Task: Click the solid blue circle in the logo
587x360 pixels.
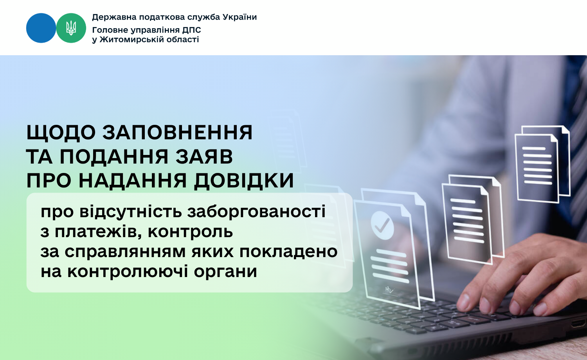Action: pyautogui.click(x=41, y=28)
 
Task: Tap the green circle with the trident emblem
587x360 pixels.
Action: pyautogui.click(x=71, y=28)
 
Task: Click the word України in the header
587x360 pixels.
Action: pyautogui.click(x=239, y=17)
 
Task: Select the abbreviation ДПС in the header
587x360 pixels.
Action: pyautogui.click(x=192, y=30)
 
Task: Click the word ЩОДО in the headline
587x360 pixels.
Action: pyautogui.click(x=61, y=133)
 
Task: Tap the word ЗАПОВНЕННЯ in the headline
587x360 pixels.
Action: pyautogui.click(x=177, y=132)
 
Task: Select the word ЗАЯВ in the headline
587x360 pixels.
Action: pyautogui.click(x=204, y=157)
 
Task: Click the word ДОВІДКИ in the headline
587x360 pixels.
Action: pyautogui.click(x=244, y=181)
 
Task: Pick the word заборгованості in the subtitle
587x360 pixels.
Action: pyautogui.click(x=256, y=212)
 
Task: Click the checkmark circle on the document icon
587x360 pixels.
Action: pyautogui.click(x=382, y=225)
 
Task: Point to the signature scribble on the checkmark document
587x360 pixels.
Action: pyautogui.click(x=389, y=290)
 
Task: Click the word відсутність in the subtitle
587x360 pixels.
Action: pyautogui.click(x=130, y=212)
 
